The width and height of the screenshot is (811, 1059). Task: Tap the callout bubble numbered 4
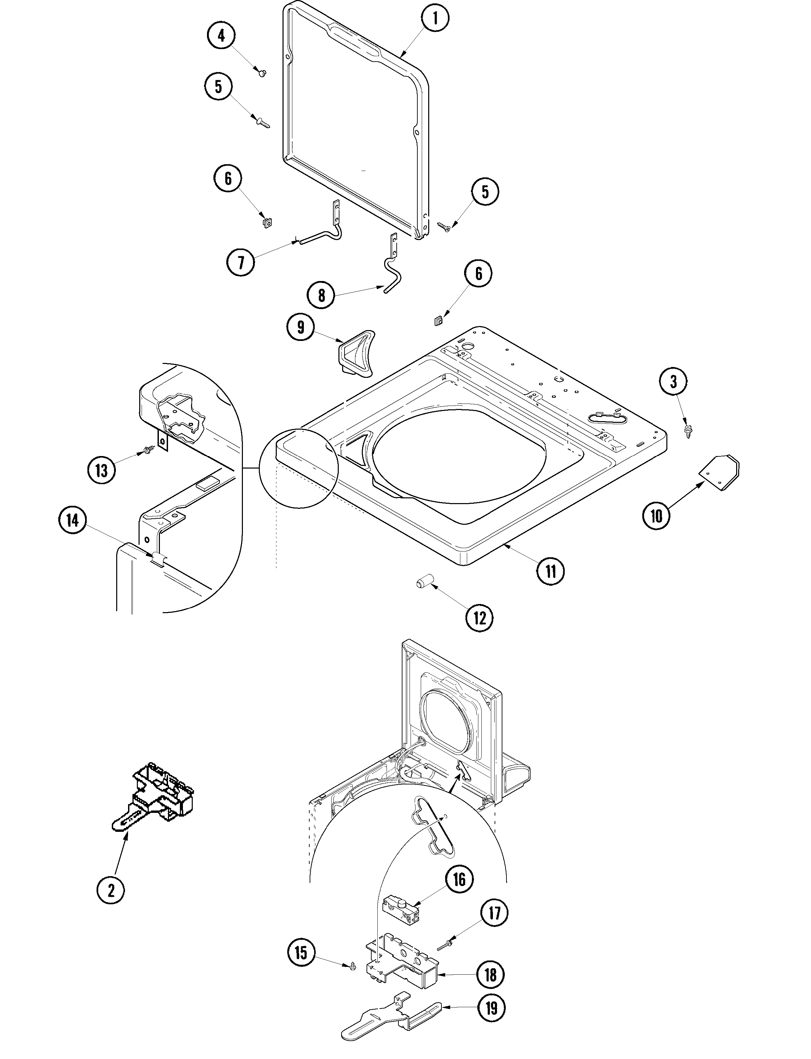click(x=221, y=36)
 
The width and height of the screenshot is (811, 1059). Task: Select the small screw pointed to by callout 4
click(x=263, y=73)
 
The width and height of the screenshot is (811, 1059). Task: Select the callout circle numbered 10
click(x=657, y=516)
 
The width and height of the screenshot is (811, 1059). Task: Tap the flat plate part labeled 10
click(x=719, y=472)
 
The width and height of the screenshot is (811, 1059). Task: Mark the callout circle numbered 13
click(x=101, y=470)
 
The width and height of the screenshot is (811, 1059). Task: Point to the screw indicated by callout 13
click(x=147, y=451)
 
